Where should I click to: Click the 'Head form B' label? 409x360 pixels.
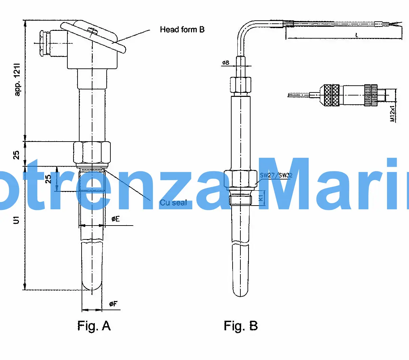182,30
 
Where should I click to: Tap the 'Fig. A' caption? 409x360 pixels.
94,326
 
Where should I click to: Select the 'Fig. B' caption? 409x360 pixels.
240,326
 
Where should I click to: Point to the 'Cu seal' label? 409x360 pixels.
173,203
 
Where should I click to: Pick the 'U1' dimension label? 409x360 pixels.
16,220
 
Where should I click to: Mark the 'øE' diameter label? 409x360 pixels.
115,219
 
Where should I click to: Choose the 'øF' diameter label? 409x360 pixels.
113,304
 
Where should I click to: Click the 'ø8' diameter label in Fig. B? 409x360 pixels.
225,63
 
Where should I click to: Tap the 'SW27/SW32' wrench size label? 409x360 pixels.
276,175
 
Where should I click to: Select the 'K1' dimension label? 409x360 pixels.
261,198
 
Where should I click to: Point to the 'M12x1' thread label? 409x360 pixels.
392,113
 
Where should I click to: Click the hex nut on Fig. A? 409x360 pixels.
92,152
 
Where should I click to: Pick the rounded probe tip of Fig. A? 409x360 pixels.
92,284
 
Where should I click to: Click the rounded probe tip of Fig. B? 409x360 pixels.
240,291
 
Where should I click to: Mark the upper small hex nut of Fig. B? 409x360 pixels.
240,85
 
